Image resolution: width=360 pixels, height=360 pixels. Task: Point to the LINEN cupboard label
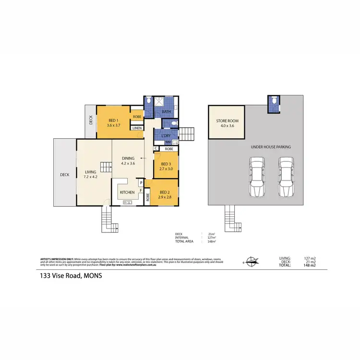[x=137, y=128]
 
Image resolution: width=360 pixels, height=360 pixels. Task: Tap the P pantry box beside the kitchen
[x=141, y=182]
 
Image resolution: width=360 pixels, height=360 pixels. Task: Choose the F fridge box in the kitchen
[x=141, y=191]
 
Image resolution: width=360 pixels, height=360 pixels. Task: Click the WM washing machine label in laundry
[x=168, y=142]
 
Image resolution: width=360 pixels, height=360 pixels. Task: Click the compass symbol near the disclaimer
[x=251, y=262]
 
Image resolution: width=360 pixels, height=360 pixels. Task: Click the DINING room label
[x=128, y=158]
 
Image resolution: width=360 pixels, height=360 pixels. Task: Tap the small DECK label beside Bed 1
[x=91, y=120]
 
